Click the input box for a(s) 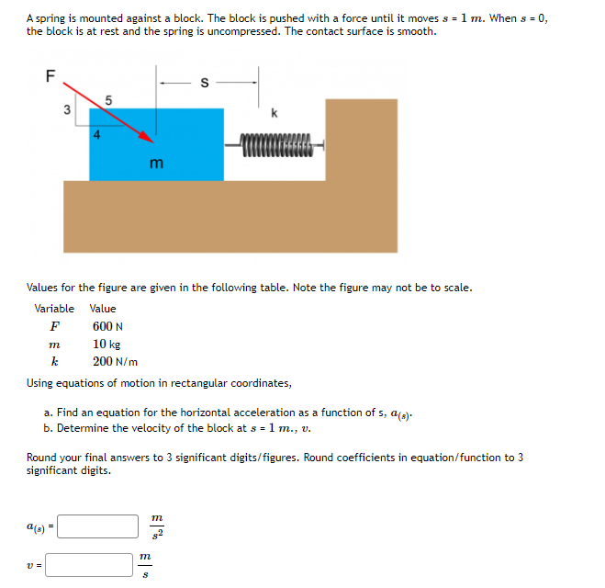tap(100, 526)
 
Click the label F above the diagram tap(51, 76)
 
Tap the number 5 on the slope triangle tap(108, 98)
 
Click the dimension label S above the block tap(206, 83)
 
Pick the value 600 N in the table tap(107, 326)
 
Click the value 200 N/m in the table tap(115, 361)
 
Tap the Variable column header tap(54, 309)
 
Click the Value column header tap(103, 309)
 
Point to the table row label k tap(54, 361)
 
